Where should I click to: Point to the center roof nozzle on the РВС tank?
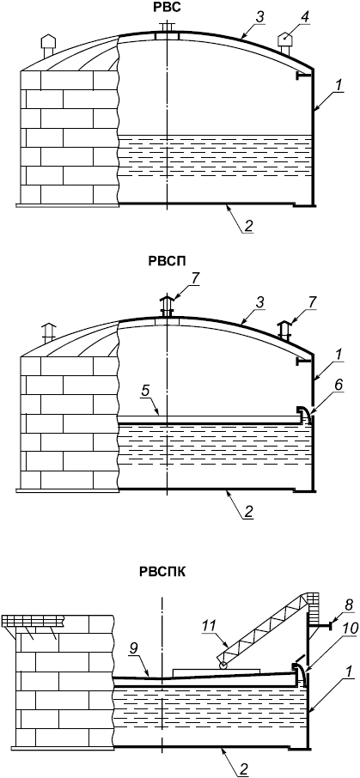pos(167,31)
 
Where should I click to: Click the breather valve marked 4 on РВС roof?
pos(285,44)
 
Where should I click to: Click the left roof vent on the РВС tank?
pos(47,46)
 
